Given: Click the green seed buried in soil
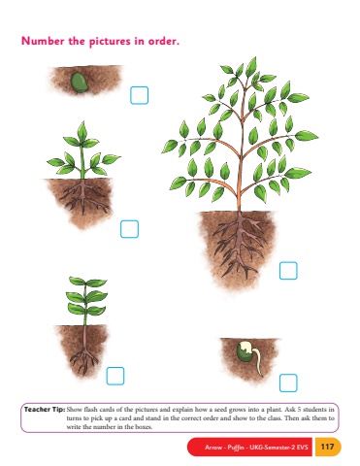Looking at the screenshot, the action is (x=80, y=83).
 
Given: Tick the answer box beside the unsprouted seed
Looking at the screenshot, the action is (x=140, y=95).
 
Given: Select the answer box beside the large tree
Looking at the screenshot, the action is (x=288, y=271).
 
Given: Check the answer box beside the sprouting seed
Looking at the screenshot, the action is (x=288, y=383).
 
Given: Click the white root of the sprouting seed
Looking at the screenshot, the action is (x=258, y=362).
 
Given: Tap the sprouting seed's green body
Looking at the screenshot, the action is (x=245, y=353).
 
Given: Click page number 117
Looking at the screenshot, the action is (x=327, y=447).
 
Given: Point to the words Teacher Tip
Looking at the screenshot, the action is (x=45, y=410).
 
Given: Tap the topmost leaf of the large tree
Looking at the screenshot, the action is (x=251, y=66).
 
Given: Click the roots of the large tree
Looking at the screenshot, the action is (x=241, y=244).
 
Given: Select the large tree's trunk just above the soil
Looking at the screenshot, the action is (x=240, y=204).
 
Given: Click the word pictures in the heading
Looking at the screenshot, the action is (x=111, y=42).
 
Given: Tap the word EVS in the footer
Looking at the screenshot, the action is (x=303, y=448).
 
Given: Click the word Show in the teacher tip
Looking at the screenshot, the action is (x=74, y=410).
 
